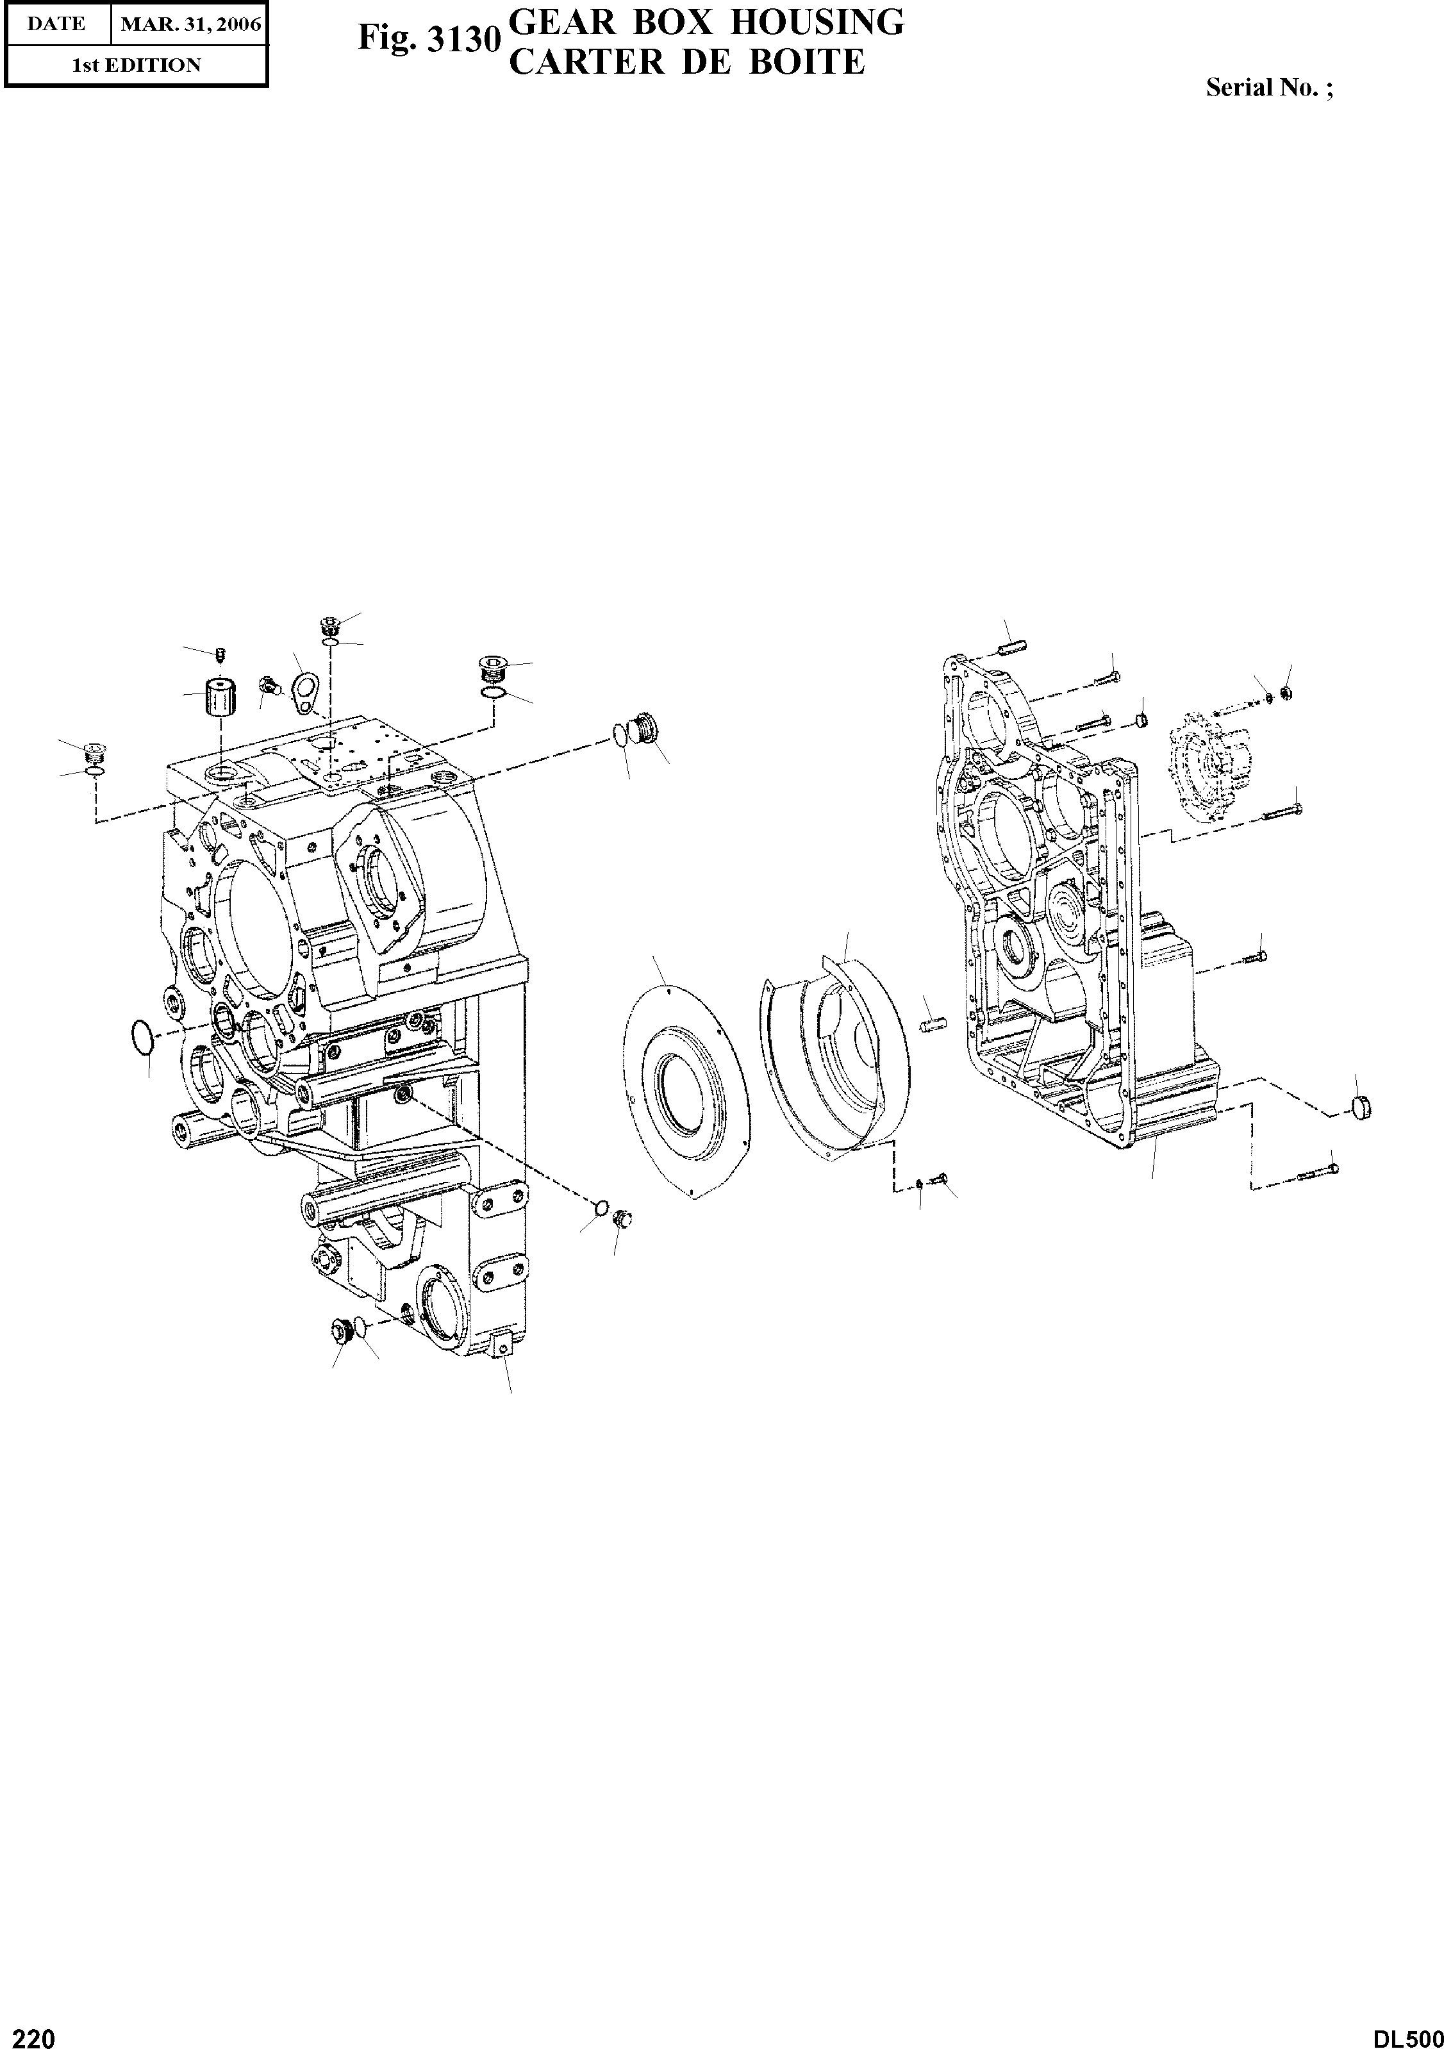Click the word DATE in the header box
coord(55,24)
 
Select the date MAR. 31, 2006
coord(191,24)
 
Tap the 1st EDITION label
coord(136,65)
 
